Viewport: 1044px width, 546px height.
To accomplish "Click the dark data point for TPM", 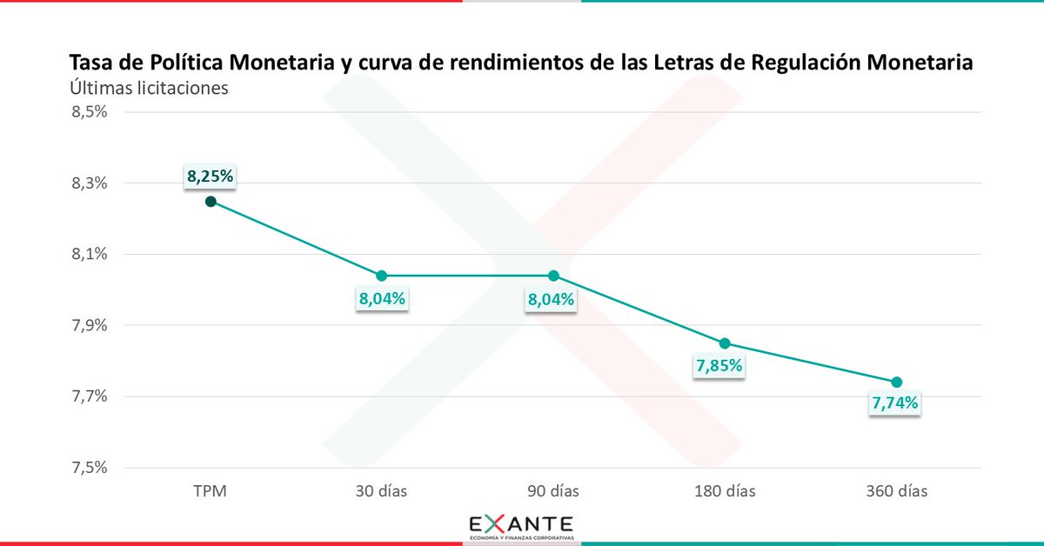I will coord(210,202).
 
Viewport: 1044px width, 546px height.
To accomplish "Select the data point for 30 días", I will coord(382,276).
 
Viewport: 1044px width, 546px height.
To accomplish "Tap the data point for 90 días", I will coord(553,276).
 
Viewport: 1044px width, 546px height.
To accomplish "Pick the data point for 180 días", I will coord(725,343).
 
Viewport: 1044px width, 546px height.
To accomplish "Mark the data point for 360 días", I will coord(897,383).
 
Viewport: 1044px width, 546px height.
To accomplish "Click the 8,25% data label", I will coord(210,176).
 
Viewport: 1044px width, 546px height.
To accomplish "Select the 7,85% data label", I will coord(719,366).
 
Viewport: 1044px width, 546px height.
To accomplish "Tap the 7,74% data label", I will coord(895,403).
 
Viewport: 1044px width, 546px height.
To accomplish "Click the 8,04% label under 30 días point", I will coord(382,300).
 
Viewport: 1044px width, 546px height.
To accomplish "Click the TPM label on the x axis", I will coord(210,491).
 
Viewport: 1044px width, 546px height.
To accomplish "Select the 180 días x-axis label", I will coord(725,491).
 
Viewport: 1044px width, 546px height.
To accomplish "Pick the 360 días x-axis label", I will coord(897,491).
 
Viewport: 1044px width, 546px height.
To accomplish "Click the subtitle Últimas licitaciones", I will coord(148,88).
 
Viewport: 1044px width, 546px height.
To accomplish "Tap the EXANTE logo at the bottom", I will coord(521,527).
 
